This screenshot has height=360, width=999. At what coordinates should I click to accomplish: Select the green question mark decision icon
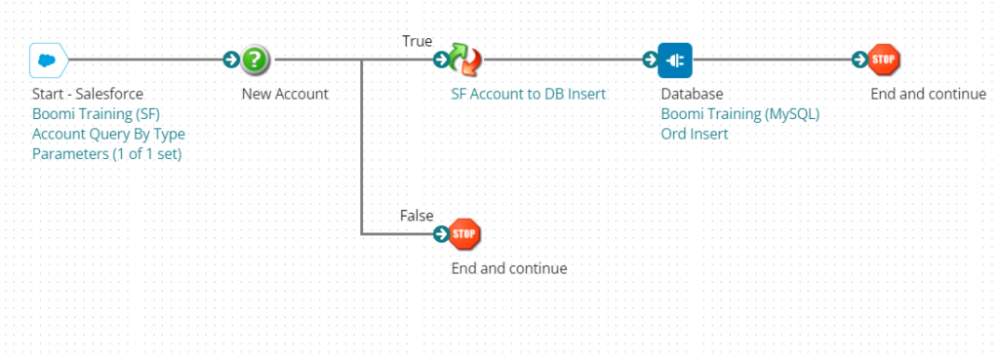[256, 60]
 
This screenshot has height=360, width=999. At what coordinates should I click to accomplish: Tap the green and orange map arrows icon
[465, 60]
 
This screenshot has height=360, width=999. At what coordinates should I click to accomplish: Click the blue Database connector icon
[675, 60]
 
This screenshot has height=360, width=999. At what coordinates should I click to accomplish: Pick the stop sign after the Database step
[884, 60]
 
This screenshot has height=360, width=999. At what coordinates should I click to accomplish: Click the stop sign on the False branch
[464, 234]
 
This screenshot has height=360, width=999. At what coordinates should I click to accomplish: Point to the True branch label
[418, 41]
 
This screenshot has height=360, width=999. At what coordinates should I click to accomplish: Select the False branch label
[417, 216]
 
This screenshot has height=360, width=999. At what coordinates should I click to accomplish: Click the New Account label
[286, 95]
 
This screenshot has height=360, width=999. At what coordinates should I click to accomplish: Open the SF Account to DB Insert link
[529, 95]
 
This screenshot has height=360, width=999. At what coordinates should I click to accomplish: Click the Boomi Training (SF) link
[96, 115]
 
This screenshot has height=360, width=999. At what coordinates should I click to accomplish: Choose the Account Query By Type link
[108, 135]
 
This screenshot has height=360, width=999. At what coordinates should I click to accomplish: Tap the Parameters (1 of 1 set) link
[107, 154]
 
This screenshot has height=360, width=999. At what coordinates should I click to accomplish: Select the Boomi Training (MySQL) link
[739, 115]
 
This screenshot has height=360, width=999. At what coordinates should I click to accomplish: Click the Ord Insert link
[695, 135]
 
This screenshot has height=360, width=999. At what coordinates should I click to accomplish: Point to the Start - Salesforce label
[88, 95]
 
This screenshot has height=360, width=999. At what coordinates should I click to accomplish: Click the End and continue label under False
[509, 268]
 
